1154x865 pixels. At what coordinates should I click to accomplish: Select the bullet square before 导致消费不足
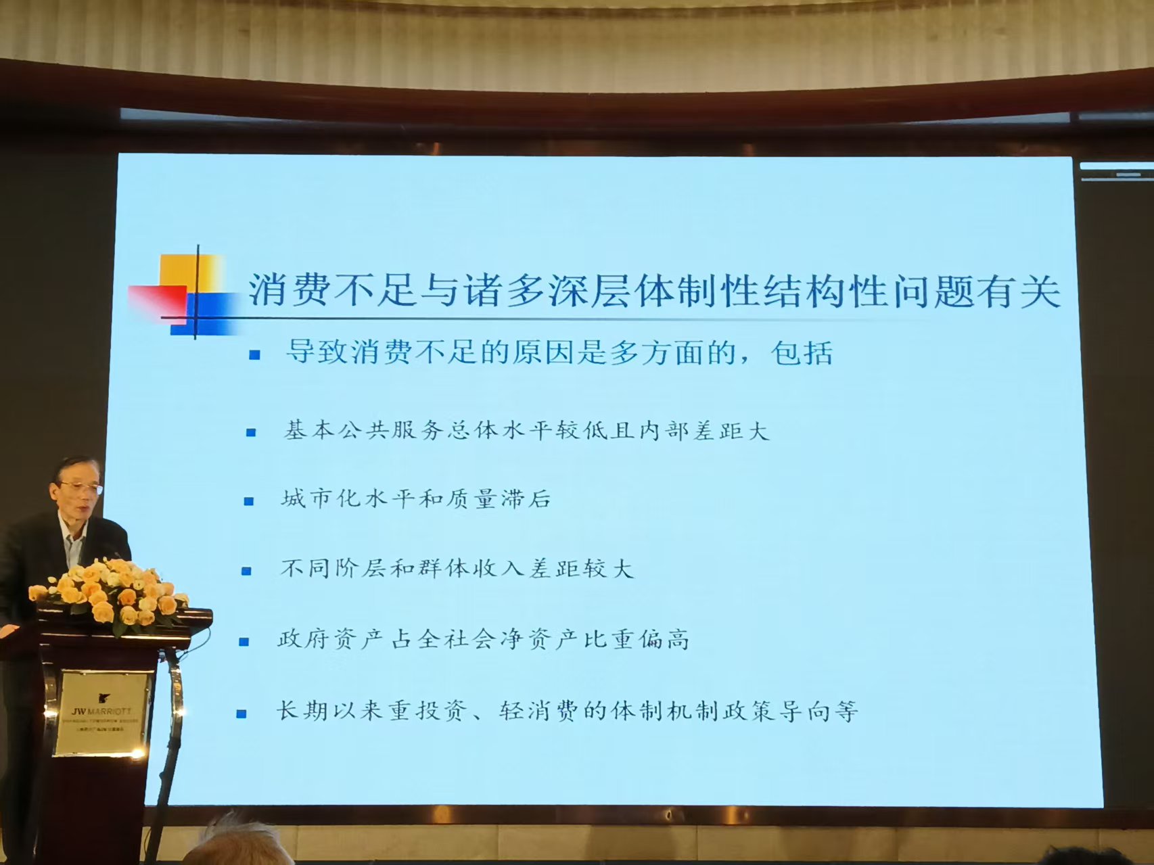coord(254,354)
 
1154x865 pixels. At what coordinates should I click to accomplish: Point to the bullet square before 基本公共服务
coord(251,432)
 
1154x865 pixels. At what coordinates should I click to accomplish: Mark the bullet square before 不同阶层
coord(246,571)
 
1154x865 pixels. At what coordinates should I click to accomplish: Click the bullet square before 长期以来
coord(241,714)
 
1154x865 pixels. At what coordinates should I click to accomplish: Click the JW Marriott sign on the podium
coord(101,713)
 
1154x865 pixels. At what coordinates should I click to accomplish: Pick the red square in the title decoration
coord(157,302)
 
